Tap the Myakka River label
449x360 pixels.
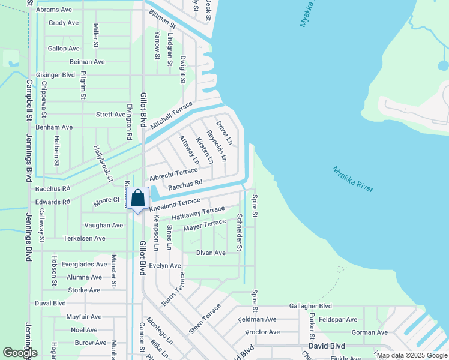353,179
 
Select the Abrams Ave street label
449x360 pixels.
53,10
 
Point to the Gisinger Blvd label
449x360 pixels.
55,75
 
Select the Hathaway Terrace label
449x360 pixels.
198,213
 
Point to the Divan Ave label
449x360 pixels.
211,253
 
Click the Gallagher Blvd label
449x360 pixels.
310,306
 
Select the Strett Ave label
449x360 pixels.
110,114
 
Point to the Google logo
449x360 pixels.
20,353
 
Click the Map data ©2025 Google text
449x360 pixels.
412,355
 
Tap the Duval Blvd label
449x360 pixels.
50,303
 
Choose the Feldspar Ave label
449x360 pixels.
339,319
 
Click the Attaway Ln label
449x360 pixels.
189,149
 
